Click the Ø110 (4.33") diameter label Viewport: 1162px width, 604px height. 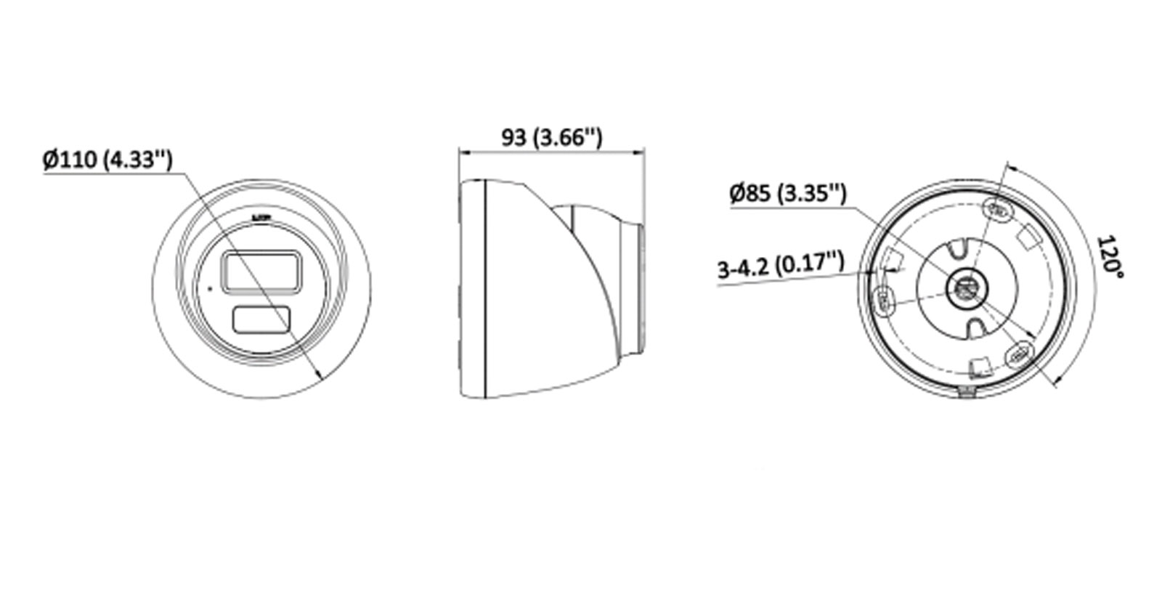[x=107, y=159]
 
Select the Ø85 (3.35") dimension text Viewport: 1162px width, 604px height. [x=787, y=193]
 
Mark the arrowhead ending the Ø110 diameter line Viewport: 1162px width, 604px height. [x=320, y=375]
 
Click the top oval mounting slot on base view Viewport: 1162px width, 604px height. [x=999, y=211]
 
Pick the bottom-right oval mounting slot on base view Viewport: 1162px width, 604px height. [x=1019, y=355]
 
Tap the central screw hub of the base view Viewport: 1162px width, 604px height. [x=967, y=289]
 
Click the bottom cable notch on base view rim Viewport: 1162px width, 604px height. [x=967, y=393]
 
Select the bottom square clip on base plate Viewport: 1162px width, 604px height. [x=980, y=367]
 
